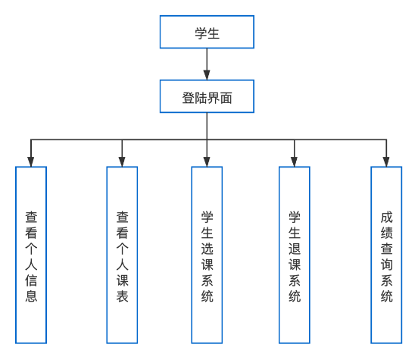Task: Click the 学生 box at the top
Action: tap(207, 32)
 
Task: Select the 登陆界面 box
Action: tap(207, 96)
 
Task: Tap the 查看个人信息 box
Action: tap(31, 255)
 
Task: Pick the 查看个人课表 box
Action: tap(122, 255)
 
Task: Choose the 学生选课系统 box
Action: tap(207, 255)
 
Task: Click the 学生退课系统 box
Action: tap(295, 255)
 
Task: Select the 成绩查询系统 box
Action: tap(386, 255)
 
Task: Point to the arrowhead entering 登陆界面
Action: tap(207, 75)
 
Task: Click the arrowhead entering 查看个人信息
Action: tap(31, 161)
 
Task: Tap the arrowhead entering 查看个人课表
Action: tap(122, 161)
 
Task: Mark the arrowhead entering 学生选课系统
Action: tap(207, 161)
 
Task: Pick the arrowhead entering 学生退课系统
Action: tap(295, 161)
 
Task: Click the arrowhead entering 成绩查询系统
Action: tap(386, 161)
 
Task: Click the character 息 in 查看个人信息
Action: tap(31, 296)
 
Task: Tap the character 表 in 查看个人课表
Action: tap(123, 296)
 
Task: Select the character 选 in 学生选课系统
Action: tap(207, 249)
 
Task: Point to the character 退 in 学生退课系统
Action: tap(295, 249)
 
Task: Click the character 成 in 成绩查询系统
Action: tap(386, 218)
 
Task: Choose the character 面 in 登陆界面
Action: tap(226, 98)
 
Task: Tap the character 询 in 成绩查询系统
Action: tap(386, 265)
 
